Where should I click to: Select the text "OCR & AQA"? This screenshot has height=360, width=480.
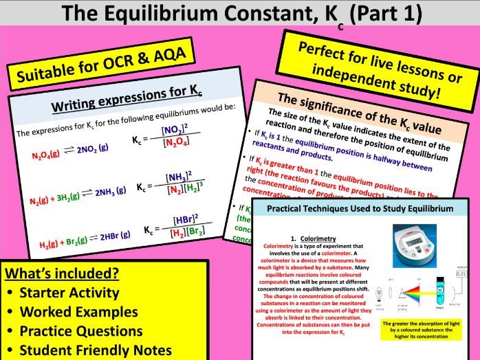tap(141, 60)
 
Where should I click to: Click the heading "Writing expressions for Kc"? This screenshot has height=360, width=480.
tap(127, 102)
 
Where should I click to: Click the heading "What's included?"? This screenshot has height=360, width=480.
tap(62, 273)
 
